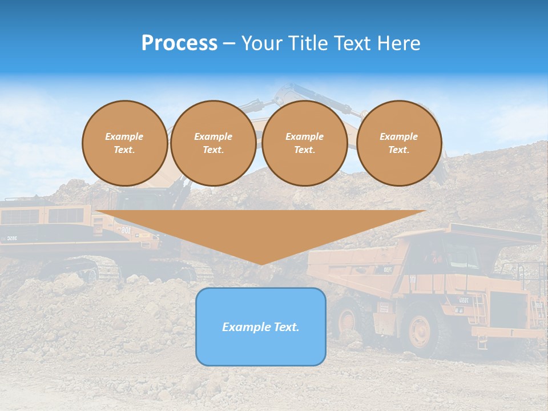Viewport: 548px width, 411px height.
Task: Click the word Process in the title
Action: (x=179, y=43)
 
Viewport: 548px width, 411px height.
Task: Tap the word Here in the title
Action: (x=400, y=43)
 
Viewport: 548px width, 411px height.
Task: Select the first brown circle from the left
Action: (x=124, y=143)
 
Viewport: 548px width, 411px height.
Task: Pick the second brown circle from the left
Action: (x=213, y=143)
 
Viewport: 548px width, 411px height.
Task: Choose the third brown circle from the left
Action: (x=304, y=143)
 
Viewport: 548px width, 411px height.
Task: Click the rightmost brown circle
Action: (x=398, y=143)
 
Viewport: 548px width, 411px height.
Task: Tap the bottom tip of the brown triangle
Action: (x=261, y=264)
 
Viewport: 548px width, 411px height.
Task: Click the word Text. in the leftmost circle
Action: (x=124, y=150)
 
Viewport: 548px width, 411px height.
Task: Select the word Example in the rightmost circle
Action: (x=398, y=136)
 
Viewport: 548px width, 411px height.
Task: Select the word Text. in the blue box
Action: (x=285, y=327)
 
